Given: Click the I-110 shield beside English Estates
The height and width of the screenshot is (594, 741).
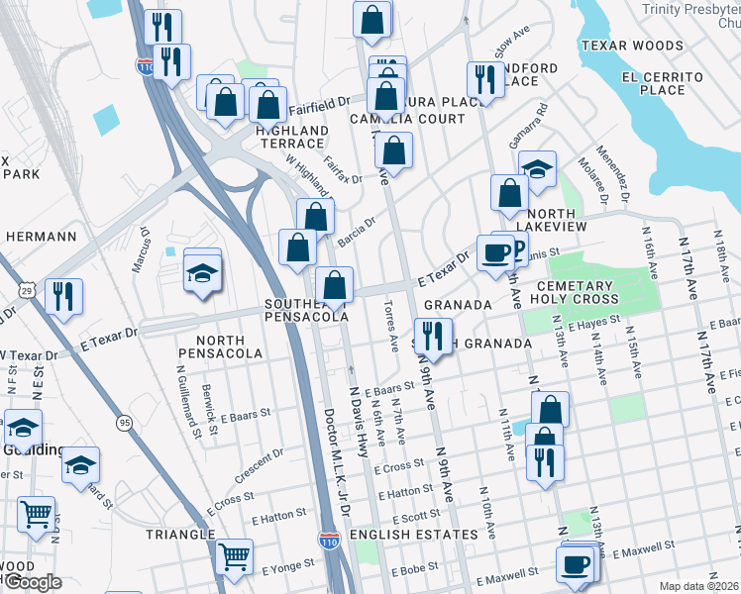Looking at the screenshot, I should click(330, 542).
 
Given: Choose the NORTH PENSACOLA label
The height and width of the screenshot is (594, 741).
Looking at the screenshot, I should click(220, 352).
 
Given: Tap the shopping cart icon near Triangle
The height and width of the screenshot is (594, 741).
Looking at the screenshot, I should click(234, 556).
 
